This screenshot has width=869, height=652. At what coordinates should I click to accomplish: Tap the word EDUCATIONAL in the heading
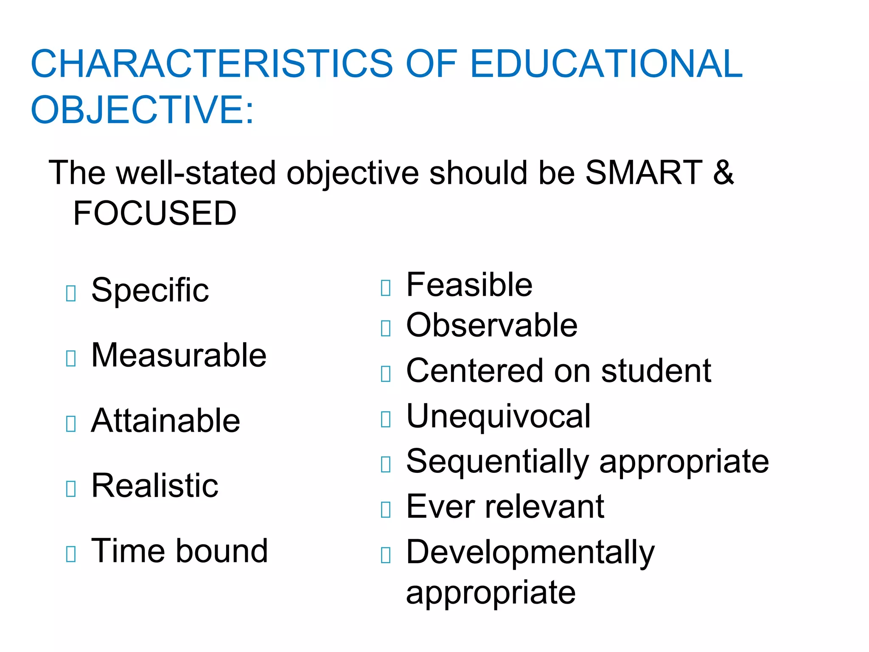[606, 64]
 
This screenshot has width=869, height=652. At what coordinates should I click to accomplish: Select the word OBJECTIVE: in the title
[143, 110]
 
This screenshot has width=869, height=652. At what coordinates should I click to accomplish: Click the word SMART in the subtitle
[644, 173]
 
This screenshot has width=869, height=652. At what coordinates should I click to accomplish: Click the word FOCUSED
[155, 213]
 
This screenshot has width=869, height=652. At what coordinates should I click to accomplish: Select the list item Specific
[150, 290]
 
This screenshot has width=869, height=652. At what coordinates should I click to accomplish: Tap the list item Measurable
[179, 355]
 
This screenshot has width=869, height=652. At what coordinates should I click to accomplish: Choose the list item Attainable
[165, 421]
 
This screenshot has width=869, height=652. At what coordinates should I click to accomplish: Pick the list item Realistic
[155, 486]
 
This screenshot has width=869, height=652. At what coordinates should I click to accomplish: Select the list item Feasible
[469, 285]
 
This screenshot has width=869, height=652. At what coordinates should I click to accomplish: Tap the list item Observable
[492, 326]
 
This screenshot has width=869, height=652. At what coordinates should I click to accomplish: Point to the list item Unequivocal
[498, 416]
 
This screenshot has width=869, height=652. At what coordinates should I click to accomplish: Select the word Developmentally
[530, 553]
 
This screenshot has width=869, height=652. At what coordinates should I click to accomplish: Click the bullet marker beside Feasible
[386, 288]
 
